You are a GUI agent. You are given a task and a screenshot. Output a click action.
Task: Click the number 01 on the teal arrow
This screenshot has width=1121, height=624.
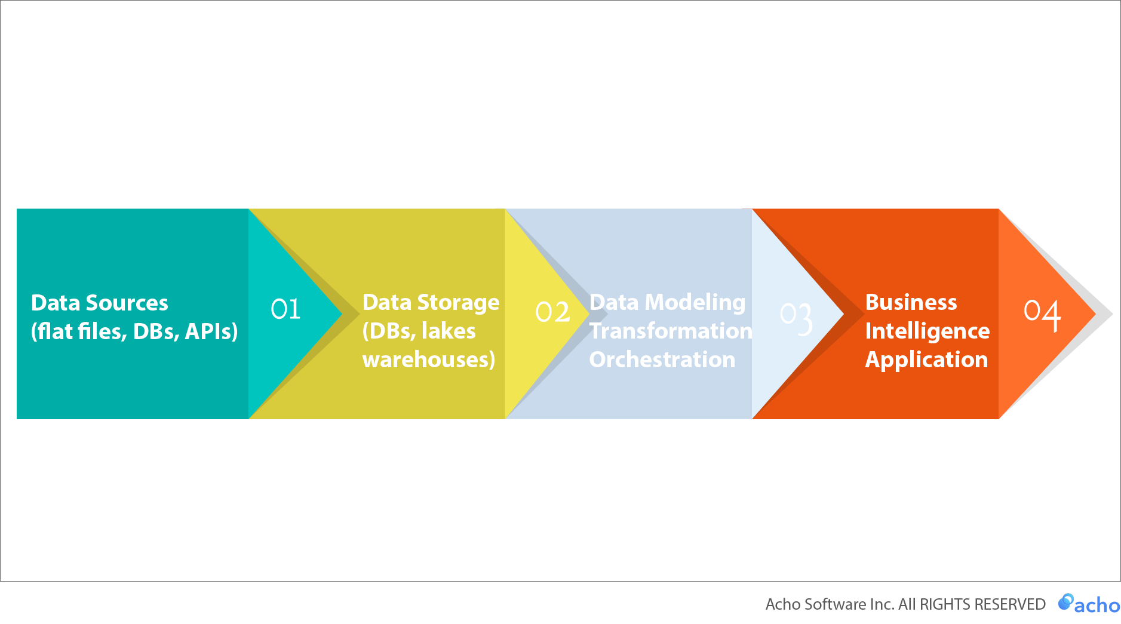pyautogui.click(x=285, y=309)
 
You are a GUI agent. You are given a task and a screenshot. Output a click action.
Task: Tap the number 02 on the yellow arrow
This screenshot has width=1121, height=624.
pyautogui.click(x=552, y=312)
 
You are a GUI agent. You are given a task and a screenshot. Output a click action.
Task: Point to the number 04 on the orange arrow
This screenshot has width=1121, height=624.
pyautogui.click(x=1042, y=314)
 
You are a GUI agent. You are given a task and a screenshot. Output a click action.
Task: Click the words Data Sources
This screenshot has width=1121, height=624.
pyautogui.click(x=99, y=303)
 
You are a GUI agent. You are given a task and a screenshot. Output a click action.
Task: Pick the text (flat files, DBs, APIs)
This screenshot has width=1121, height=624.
pyautogui.click(x=134, y=331)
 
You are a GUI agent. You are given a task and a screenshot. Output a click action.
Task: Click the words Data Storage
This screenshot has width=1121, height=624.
pyautogui.click(x=431, y=303)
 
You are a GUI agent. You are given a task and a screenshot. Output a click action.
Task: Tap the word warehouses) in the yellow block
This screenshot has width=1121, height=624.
pyautogui.click(x=429, y=360)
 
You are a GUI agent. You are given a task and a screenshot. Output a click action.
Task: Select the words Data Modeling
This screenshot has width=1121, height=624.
pyautogui.click(x=667, y=303)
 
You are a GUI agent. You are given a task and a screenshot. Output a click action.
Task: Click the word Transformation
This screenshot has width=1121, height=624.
pyautogui.click(x=671, y=331)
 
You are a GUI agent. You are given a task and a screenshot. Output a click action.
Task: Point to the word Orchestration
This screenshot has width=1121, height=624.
pyautogui.click(x=662, y=359)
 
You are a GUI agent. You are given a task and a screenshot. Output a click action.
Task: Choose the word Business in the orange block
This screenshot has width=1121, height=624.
pyautogui.click(x=911, y=302)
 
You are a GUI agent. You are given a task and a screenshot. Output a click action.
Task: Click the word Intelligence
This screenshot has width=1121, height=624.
pyautogui.click(x=927, y=331)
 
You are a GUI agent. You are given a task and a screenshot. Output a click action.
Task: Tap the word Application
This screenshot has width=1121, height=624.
pyautogui.click(x=926, y=359)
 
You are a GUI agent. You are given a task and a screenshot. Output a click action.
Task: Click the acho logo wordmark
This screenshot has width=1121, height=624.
pyautogui.click(x=1097, y=605)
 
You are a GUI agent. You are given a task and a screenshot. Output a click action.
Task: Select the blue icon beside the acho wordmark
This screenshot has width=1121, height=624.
pyautogui.click(x=1065, y=602)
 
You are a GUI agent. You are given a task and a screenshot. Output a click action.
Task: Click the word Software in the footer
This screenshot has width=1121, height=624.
pyautogui.click(x=835, y=604)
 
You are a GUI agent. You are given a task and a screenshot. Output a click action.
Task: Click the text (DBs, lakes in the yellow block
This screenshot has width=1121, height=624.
pyautogui.click(x=419, y=331)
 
